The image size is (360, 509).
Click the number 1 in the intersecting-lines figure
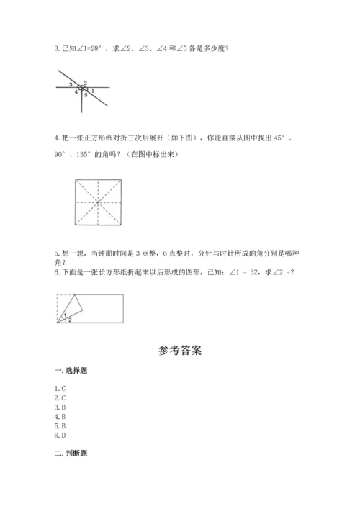point(92,90)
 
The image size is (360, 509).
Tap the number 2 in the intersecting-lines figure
point(86,83)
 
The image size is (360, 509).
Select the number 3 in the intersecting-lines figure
point(71,85)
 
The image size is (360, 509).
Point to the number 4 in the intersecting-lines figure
point(76,92)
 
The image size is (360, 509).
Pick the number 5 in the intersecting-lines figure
point(86,95)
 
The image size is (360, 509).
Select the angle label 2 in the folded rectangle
point(69,320)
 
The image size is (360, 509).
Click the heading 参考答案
point(180,352)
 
